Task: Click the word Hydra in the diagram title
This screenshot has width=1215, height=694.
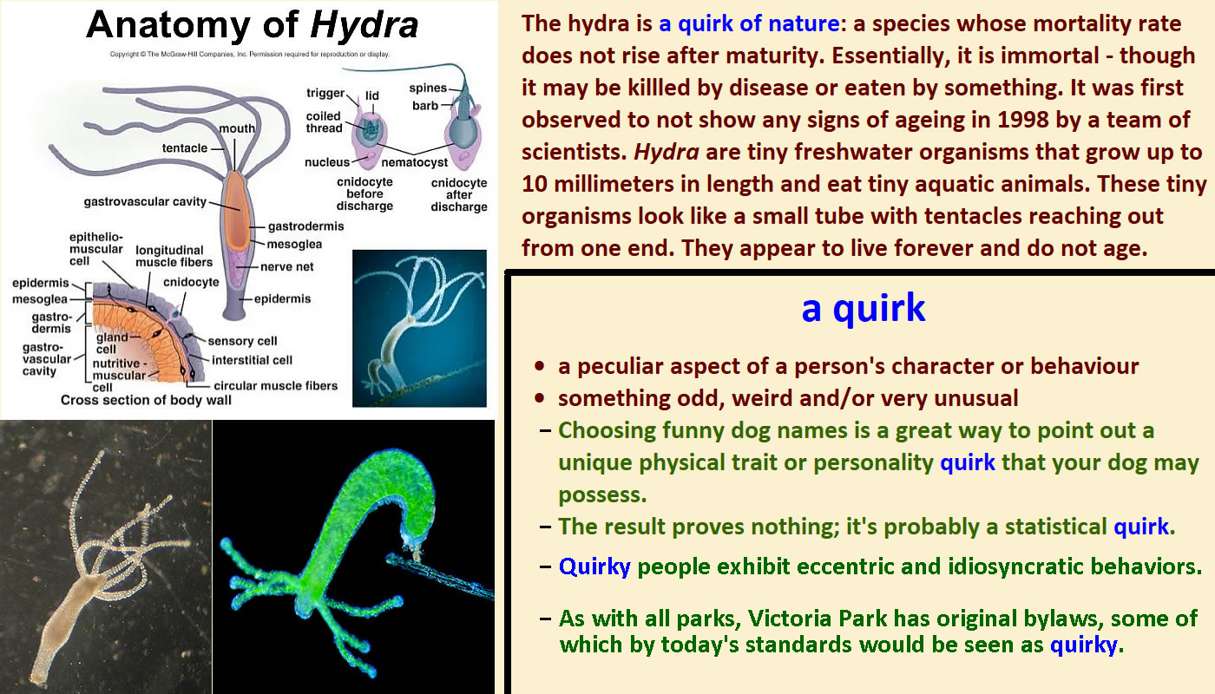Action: [x=364, y=26]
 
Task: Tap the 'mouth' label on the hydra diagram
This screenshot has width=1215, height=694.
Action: [x=236, y=128]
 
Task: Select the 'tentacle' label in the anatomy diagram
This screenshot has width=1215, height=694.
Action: [x=184, y=148]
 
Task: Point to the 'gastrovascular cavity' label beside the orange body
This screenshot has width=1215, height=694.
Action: [x=145, y=201]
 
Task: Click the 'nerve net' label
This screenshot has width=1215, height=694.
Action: [x=287, y=267]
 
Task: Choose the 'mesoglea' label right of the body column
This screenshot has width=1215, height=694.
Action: [x=294, y=245]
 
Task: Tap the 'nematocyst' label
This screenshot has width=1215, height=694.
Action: [x=415, y=163]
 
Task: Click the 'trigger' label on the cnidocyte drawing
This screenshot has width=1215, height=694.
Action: [x=325, y=94]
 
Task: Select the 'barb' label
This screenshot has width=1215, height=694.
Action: [x=425, y=106]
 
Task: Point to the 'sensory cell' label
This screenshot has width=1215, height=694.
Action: [x=242, y=341]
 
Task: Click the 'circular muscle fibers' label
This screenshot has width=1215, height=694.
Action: [x=276, y=385]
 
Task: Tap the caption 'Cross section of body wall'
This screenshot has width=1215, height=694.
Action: [x=146, y=400]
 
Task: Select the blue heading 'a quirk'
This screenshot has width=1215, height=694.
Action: [x=863, y=309]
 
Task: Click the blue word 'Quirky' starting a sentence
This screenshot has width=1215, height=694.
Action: [x=594, y=567]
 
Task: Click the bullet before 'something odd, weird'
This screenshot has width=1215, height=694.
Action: [x=539, y=398]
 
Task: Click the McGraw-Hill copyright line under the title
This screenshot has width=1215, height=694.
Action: [x=250, y=54]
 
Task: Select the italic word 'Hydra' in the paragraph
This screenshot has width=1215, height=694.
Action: [x=667, y=153]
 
